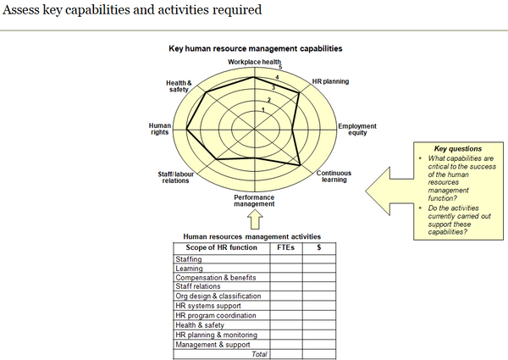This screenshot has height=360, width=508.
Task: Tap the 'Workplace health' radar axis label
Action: pos(254,62)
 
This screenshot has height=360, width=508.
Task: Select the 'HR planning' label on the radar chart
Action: pos(330,81)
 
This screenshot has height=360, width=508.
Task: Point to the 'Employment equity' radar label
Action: pos(357,129)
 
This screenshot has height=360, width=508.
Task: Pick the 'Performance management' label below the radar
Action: pos(254,201)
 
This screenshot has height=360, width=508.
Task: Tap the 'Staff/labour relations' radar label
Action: pos(175,177)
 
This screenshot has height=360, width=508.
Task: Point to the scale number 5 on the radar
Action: pos(280,68)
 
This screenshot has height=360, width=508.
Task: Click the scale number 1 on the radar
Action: pos(262,110)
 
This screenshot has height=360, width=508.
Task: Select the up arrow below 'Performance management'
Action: pos(254,219)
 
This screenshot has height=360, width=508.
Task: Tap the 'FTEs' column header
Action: pos(285,248)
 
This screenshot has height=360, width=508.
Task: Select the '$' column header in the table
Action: pos(318,248)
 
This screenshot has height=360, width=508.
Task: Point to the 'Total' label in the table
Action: pos(258,354)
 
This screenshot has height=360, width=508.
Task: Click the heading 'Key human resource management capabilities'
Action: pos(254,50)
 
